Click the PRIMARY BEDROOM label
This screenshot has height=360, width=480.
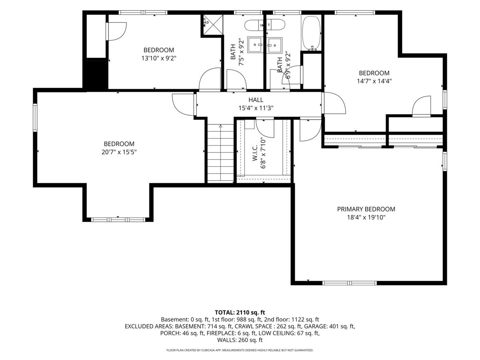(x=366, y=209)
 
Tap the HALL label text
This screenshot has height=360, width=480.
(x=256, y=100)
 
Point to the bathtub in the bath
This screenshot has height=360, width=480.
(x=311, y=33)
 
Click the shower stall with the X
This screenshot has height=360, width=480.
(x=213, y=25)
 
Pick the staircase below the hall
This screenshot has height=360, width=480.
(x=220, y=153)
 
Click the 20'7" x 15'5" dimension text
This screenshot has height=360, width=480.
(x=119, y=152)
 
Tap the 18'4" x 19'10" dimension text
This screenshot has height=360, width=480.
(x=366, y=218)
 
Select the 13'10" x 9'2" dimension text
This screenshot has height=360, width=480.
(x=159, y=58)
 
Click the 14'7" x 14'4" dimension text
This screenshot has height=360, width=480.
(x=374, y=81)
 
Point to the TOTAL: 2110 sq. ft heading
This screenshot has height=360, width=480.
(x=240, y=312)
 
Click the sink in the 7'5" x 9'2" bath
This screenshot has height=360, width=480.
(x=255, y=45)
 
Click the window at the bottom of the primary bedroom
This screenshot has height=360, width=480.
(x=350, y=283)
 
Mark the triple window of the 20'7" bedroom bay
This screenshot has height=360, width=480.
(x=118, y=220)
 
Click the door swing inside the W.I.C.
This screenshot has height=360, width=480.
(x=265, y=128)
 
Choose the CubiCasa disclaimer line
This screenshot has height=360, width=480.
(x=240, y=350)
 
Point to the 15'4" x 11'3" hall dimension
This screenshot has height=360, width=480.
(x=256, y=108)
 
